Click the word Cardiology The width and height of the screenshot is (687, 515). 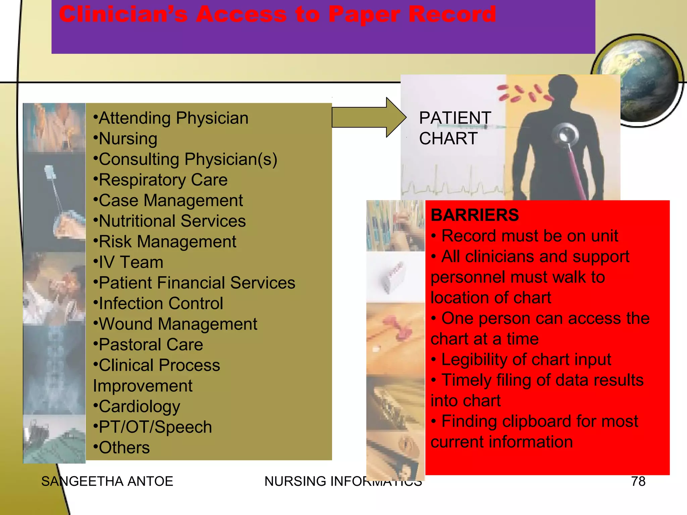(x=139, y=406)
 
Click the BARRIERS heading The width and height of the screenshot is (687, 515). (x=474, y=215)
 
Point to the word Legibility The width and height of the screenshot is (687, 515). (x=474, y=360)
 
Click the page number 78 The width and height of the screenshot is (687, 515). (x=638, y=481)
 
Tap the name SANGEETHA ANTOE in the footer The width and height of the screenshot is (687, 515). (x=107, y=481)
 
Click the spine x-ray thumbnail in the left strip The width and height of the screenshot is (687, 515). (x=54, y=369)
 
